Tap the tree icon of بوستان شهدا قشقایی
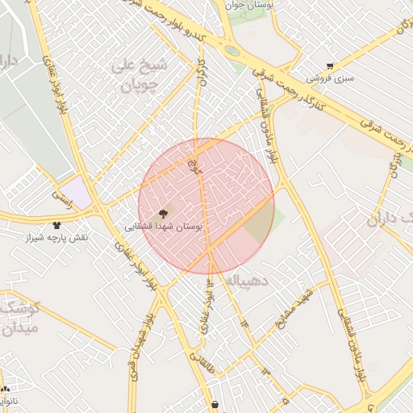point(164,214)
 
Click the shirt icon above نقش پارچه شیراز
point(56,225)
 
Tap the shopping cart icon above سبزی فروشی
point(329,66)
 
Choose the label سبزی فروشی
point(329,79)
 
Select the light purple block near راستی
point(75,192)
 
